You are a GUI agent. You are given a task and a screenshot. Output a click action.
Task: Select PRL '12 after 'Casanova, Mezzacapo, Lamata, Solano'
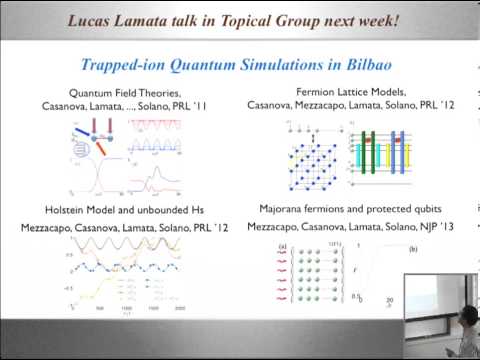click(432, 105)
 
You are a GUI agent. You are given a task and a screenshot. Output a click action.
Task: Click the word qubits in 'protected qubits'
click(430, 213)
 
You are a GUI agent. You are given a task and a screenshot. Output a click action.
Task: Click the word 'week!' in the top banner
click(376, 19)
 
